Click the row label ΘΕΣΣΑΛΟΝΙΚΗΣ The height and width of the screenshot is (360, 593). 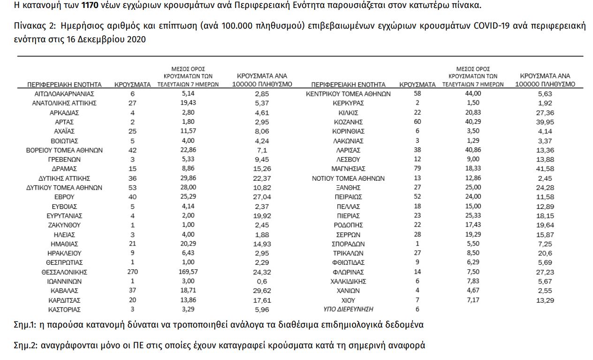point(65,272)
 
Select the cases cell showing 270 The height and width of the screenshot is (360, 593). point(132,272)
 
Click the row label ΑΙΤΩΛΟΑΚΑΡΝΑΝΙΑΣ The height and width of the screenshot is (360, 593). point(65,93)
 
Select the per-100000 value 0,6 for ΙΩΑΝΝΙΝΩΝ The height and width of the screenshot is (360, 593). point(262,281)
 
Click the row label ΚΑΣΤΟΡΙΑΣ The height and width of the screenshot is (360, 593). point(65,309)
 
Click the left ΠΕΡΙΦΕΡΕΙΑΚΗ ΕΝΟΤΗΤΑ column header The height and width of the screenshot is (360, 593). point(65,85)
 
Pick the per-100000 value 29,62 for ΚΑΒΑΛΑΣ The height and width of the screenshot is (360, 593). point(262,291)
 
